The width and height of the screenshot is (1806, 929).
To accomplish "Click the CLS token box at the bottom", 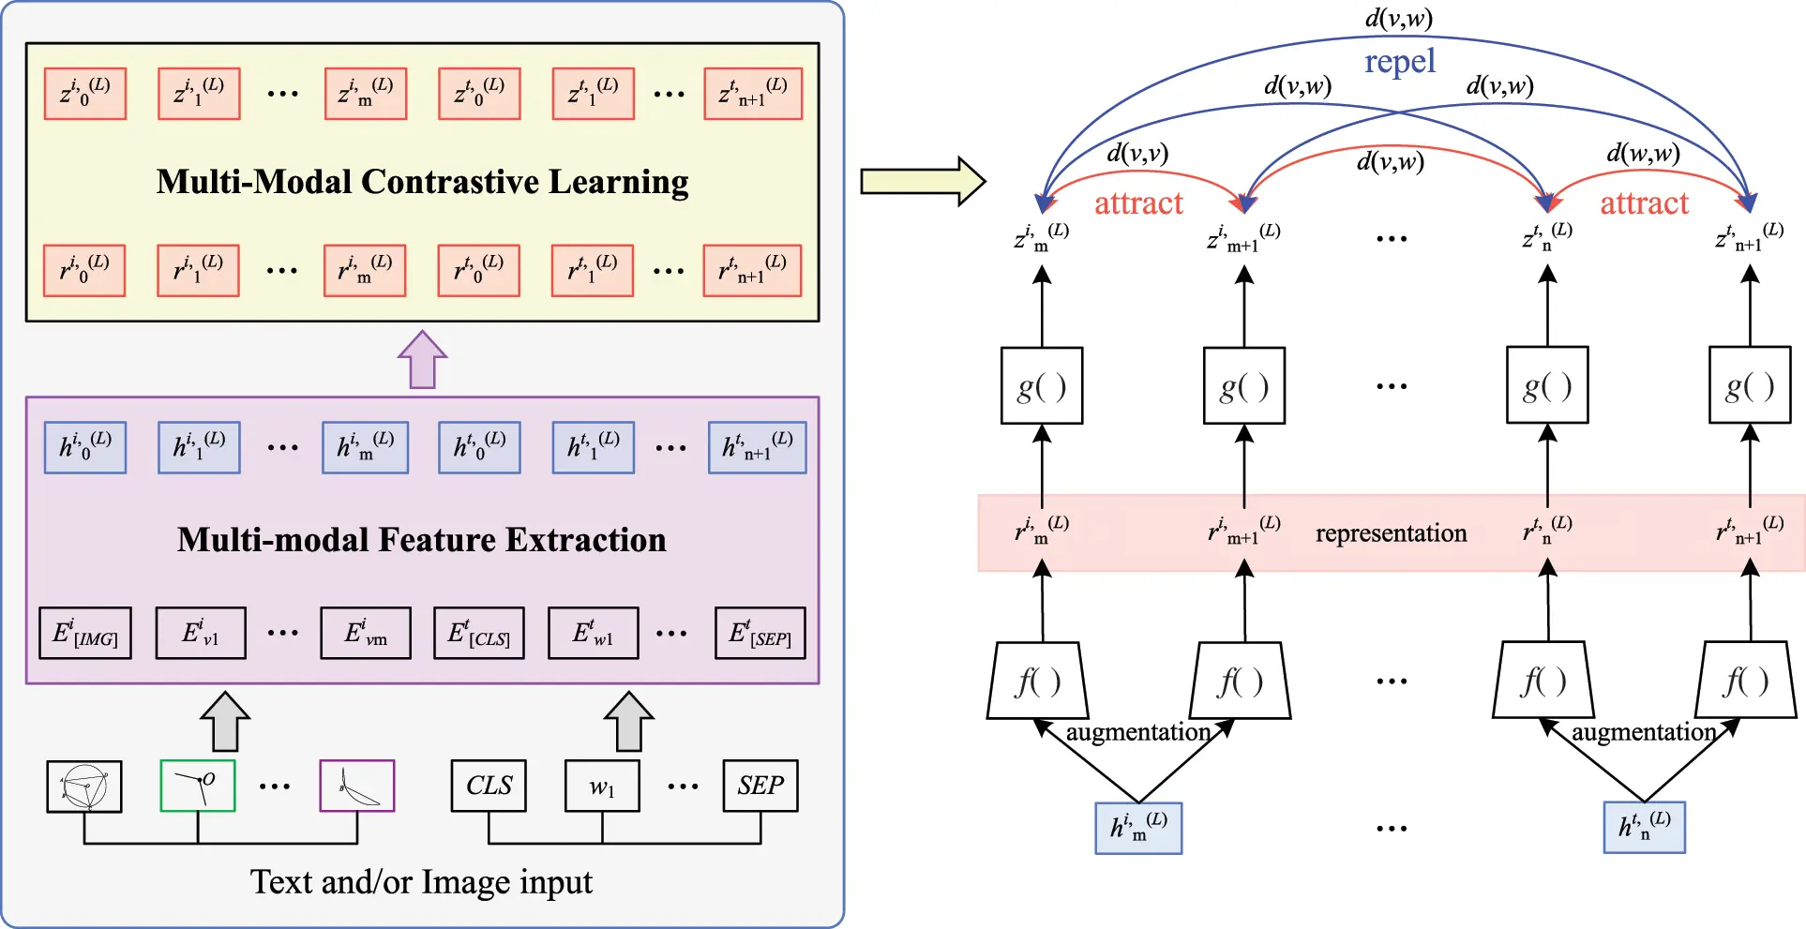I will (489, 786).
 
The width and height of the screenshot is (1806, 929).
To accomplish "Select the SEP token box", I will (760, 786).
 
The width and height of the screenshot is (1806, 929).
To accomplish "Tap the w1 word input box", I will (602, 786).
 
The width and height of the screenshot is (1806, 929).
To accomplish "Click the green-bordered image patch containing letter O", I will (198, 786).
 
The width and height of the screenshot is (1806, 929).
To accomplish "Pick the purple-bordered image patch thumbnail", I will (357, 786).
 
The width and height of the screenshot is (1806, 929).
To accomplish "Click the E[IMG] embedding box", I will (84, 634).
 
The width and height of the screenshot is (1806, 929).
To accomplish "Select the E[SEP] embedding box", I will (760, 634).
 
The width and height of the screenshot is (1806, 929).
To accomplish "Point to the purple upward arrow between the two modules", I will (422, 360).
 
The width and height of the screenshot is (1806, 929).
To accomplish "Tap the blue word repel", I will (1399, 62).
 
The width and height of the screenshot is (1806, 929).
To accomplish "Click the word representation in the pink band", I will (1391, 533).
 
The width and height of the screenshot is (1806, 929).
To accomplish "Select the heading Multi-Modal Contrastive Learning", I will (422, 182).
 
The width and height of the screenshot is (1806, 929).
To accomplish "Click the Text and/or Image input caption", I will (421, 882).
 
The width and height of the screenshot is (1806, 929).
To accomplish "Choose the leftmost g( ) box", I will (1042, 386).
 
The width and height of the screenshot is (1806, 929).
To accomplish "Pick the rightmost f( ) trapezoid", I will (1747, 682).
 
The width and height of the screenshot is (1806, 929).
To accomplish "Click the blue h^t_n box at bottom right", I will (1644, 827).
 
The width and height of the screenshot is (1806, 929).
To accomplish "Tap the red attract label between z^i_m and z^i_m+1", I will (1138, 203).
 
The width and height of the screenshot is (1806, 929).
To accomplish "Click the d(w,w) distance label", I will (1643, 153).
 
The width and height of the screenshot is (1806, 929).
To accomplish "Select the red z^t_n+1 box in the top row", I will (753, 94).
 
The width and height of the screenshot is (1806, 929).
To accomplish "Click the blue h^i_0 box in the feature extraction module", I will (85, 447).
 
